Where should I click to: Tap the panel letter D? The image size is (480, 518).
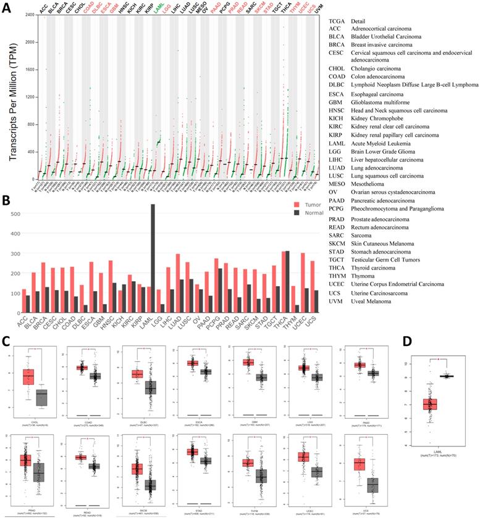406,341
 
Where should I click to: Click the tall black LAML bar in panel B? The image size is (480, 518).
153,258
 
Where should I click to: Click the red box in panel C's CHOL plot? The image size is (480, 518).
28,377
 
